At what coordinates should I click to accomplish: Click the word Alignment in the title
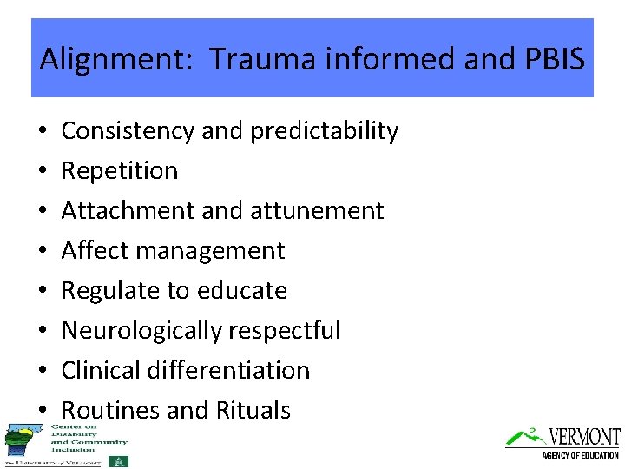pyautogui.click(x=96, y=60)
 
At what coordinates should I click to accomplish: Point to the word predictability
pyautogui.click(x=324, y=131)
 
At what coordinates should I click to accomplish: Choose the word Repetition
pyautogui.click(x=120, y=171)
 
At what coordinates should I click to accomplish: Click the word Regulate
pyautogui.click(x=109, y=291)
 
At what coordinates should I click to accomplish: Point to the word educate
pyautogui.click(x=241, y=291)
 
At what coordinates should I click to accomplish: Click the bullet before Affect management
pyautogui.click(x=43, y=252)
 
